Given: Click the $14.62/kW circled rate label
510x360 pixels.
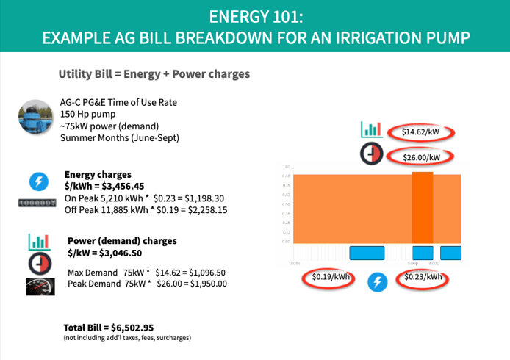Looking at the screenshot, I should pyautogui.click(x=420, y=132).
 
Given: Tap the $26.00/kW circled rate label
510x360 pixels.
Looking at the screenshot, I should pyautogui.click(x=421, y=156).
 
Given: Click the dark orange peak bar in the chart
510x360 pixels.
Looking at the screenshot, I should pyautogui.click(x=423, y=210).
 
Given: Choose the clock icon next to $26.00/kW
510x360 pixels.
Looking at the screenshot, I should pyautogui.click(x=372, y=156).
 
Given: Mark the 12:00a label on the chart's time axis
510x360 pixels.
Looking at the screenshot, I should pyautogui.click(x=293, y=262).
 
